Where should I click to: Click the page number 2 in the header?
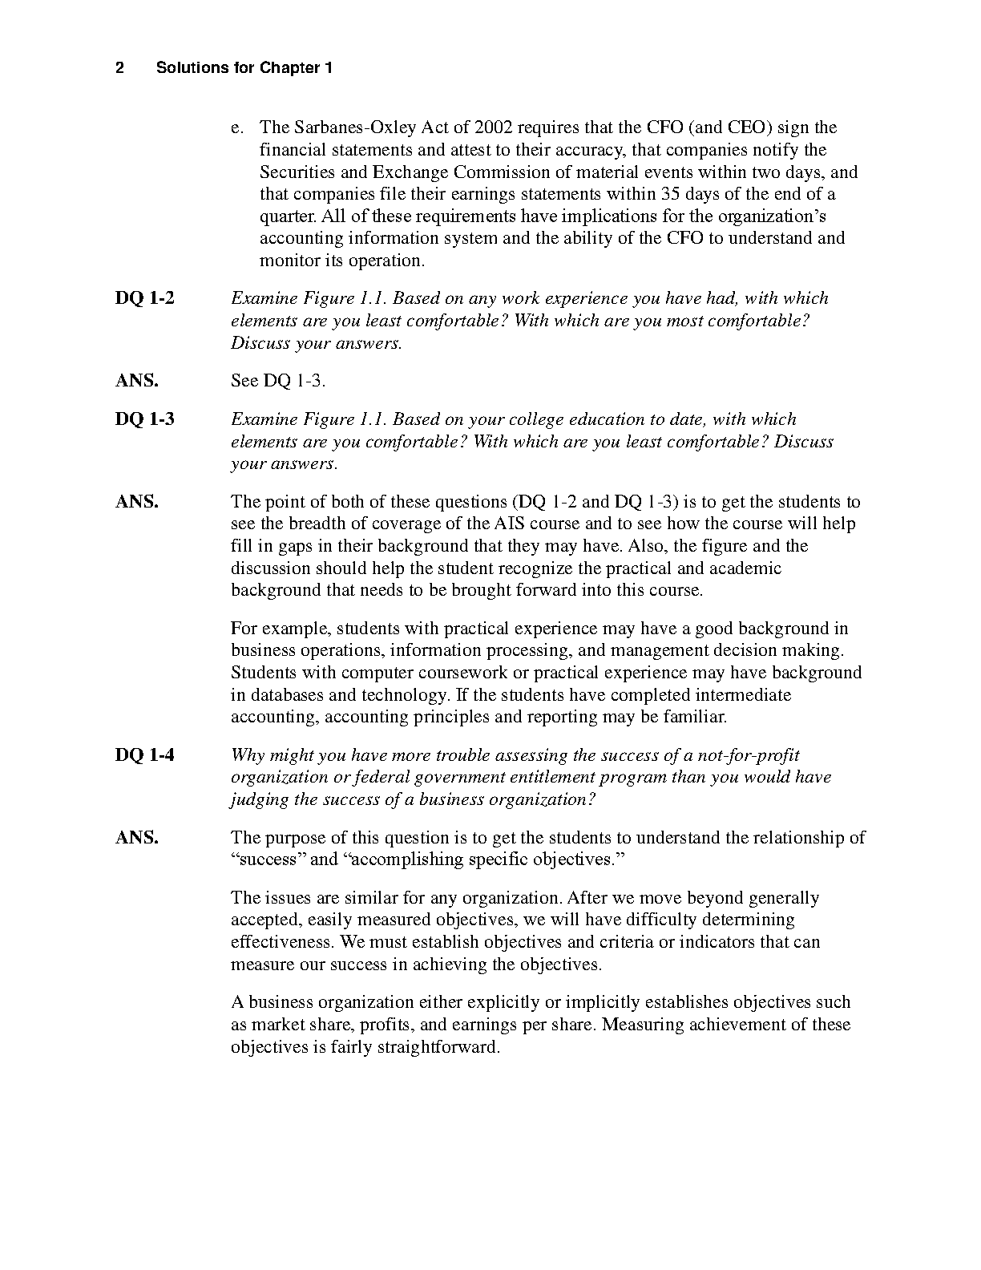(119, 68)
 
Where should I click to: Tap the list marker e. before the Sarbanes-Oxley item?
(236, 127)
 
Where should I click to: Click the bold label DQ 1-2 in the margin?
(145, 298)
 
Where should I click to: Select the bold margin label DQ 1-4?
(145, 755)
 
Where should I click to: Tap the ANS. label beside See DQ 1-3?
(137, 381)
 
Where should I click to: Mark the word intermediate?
(742, 695)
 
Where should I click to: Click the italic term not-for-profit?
(749, 755)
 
